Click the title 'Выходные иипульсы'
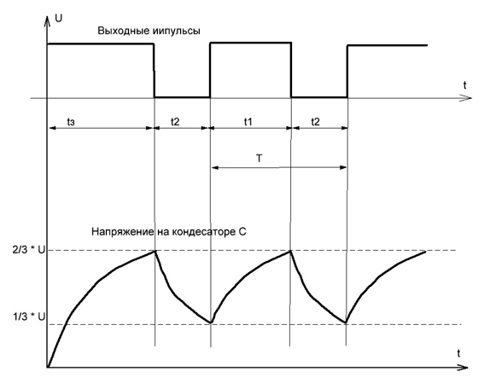(149, 32)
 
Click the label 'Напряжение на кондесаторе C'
(168, 231)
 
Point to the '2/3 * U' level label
(29, 250)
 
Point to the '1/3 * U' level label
(29, 316)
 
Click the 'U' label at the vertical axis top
(58, 18)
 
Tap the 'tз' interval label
(71, 122)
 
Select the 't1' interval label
(248, 122)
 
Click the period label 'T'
(259, 158)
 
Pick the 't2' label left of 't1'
(175, 122)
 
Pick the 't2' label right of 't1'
(315, 122)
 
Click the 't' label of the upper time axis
(464, 85)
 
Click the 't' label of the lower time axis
(458, 353)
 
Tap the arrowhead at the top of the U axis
(47, 19)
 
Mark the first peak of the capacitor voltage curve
(155, 251)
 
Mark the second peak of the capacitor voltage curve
(290, 251)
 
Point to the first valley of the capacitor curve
(211, 322)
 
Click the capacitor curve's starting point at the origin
(48, 367)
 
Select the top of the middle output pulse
(251, 43)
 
